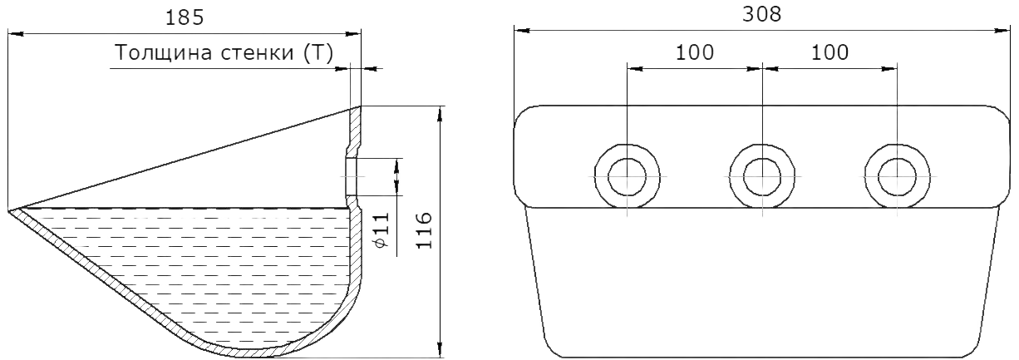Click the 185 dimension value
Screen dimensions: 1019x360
click(x=185, y=17)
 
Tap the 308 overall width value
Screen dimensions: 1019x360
click(x=762, y=15)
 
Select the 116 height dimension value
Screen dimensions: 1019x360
click(x=424, y=230)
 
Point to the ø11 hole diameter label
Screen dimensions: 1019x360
click(x=383, y=229)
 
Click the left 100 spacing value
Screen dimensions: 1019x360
click(x=695, y=52)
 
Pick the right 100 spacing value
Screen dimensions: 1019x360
click(x=829, y=52)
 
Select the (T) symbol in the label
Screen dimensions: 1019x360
click(x=318, y=53)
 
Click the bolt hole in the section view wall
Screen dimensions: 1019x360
click(x=352, y=176)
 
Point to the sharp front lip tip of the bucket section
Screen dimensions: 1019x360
click(x=8, y=210)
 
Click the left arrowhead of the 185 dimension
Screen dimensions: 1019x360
click(x=16, y=33)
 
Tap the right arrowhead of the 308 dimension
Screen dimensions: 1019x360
click(x=1001, y=31)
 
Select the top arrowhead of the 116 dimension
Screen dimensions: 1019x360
click(x=440, y=114)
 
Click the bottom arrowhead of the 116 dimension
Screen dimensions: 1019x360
click(x=440, y=349)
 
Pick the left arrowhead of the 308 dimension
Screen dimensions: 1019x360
click(x=522, y=31)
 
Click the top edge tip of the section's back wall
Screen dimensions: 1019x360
click(x=361, y=106)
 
